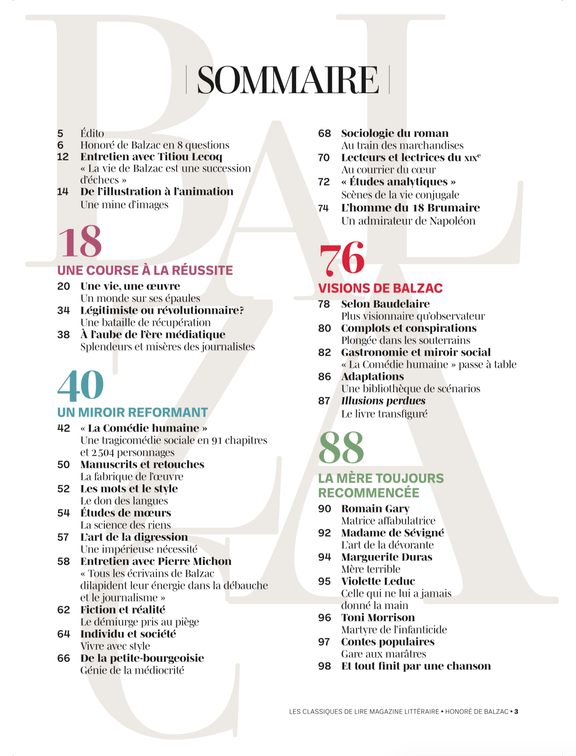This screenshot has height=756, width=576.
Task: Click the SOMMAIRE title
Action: [288, 80]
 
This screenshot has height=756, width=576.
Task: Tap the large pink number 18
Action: [80, 242]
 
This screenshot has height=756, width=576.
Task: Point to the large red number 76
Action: [342, 259]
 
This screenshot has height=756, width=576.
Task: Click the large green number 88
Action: [341, 448]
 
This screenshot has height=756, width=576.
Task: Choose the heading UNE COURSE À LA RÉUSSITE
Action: [145, 270]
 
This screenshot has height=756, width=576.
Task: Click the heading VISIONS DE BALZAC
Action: [380, 288]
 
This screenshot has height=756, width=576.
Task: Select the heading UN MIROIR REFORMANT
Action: [133, 412]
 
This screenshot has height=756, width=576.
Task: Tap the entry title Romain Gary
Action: [375, 509]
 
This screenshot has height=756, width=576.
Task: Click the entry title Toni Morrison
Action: [378, 617]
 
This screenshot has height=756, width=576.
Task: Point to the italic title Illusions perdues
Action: [383, 401]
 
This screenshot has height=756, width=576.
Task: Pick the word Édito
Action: [92, 133]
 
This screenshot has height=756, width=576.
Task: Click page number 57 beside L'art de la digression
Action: [63, 537]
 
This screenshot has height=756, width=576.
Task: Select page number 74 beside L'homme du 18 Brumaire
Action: [324, 208]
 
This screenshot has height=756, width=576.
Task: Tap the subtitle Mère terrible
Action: [371, 569]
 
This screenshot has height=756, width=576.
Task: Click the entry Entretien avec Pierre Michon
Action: [156, 561]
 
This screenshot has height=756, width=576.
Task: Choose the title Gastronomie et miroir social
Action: [416, 352]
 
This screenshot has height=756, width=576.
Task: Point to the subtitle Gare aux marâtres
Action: [383, 654]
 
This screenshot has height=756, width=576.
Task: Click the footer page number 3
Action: [516, 712]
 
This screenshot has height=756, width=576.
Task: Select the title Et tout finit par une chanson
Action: [416, 666]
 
